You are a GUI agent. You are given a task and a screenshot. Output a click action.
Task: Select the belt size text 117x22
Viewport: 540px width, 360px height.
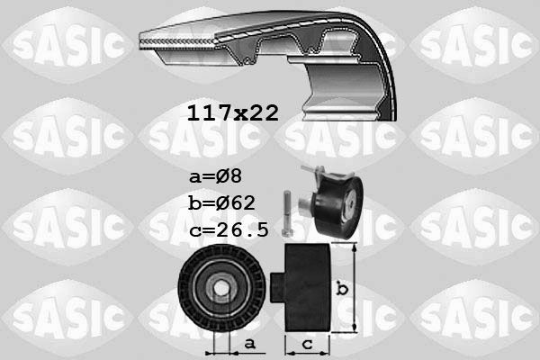232,112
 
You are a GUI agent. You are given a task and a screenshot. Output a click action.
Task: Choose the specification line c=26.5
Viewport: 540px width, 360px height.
229,229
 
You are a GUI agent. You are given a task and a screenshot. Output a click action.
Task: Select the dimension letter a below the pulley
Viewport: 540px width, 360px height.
248,343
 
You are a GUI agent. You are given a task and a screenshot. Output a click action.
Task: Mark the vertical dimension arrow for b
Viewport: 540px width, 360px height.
355,288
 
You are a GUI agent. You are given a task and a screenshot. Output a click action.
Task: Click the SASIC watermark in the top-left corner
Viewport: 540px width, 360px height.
64,42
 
